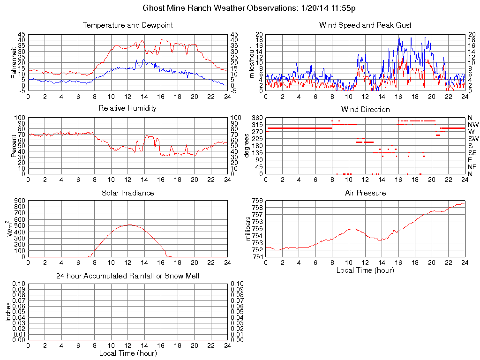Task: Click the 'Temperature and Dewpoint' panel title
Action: (127, 25)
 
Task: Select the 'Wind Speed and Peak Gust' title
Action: (365, 25)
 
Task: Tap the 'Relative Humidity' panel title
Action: (127, 108)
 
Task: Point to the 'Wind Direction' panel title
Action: (365, 109)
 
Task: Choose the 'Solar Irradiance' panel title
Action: (127, 193)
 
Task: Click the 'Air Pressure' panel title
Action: (365, 193)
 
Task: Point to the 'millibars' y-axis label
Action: (248, 229)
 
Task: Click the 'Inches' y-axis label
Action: (8, 312)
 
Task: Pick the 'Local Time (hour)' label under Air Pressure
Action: (365, 270)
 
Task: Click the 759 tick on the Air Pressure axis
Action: (257, 201)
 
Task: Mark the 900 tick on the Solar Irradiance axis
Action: (20, 201)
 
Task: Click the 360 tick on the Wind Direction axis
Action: (257, 118)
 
